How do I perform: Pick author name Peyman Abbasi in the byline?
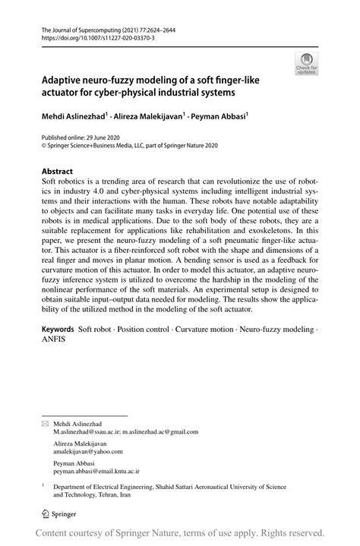pos(220,118)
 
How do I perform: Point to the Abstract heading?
pos(58,172)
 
